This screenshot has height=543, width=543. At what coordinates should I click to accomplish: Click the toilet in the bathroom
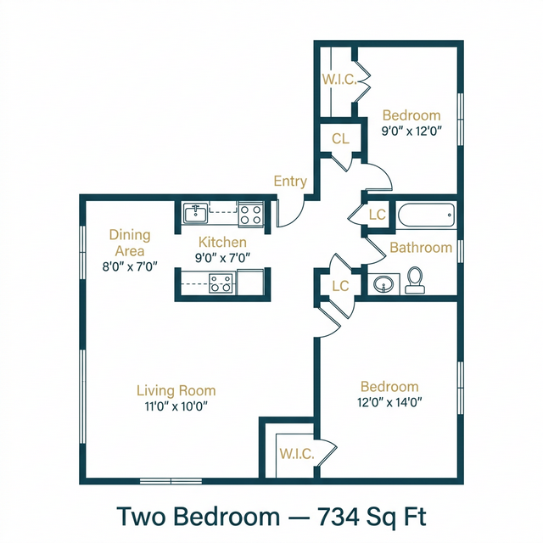click(415, 280)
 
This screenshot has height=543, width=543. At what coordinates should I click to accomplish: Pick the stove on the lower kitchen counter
click(221, 283)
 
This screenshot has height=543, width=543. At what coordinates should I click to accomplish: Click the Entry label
click(289, 181)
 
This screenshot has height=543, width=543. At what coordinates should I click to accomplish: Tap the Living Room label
click(176, 390)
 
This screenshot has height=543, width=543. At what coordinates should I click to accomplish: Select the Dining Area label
click(128, 243)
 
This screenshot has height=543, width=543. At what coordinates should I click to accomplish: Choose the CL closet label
click(341, 139)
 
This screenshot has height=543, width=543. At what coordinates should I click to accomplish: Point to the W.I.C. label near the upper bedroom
click(337, 80)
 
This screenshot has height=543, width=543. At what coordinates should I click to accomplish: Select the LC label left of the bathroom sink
click(340, 286)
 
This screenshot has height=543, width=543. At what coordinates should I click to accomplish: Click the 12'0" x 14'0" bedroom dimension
click(389, 404)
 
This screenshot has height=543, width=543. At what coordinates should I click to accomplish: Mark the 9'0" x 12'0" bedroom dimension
click(411, 132)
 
